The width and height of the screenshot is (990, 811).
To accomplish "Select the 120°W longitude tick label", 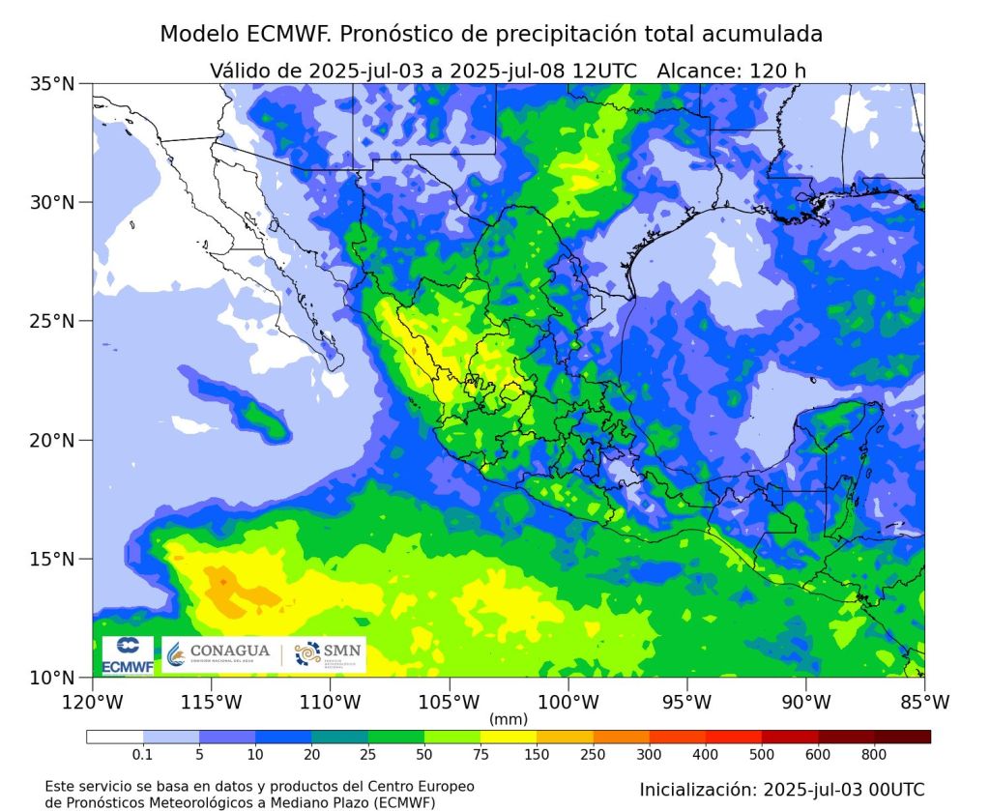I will (93, 701).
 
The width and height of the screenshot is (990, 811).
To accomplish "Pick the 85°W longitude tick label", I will (924, 701).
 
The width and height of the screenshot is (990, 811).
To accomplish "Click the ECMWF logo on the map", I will (128, 655).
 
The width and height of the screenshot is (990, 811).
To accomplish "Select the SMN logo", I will (328, 654).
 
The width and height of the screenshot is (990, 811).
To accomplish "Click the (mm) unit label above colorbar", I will (508, 719).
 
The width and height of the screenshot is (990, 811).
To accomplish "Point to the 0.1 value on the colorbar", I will (143, 754).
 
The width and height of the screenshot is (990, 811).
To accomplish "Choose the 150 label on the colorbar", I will (536, 754).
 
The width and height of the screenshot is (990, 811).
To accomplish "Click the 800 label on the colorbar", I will (875, 754).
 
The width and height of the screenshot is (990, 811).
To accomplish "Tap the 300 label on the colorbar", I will (649, 754).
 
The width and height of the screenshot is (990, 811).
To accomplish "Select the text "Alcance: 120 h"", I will (731, 70).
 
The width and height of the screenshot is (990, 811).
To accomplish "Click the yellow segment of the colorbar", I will (508, 737).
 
